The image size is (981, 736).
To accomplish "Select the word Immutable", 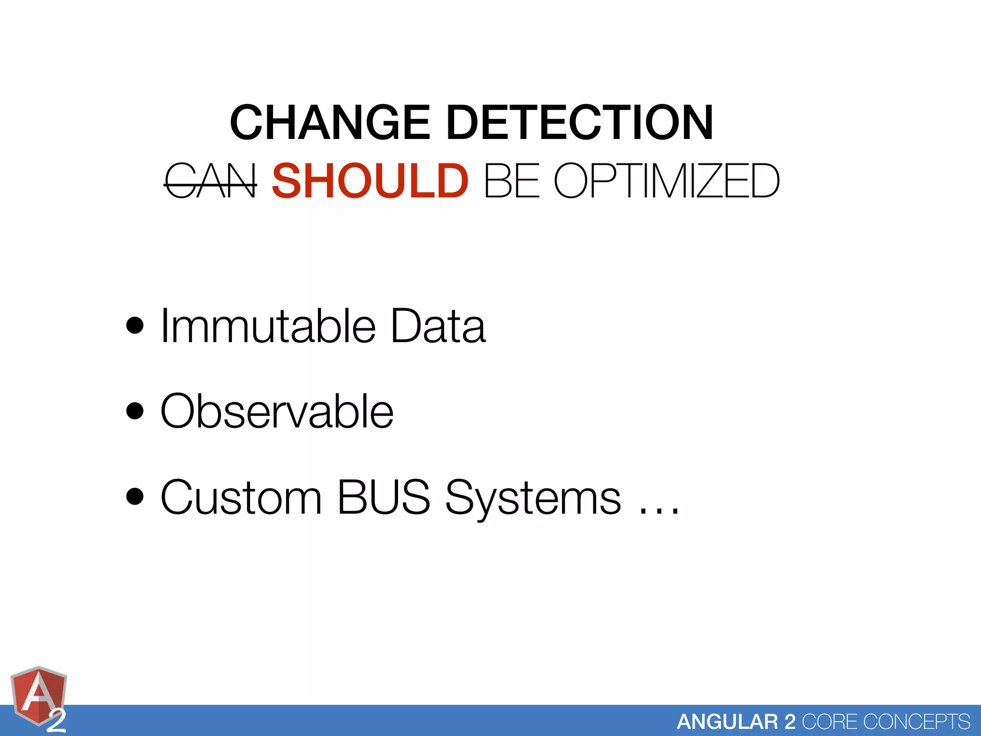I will click(x=268, y=326).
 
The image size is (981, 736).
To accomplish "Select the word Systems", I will click(x=533, y=498).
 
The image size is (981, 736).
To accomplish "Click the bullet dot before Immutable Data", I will click(x=135, y=326).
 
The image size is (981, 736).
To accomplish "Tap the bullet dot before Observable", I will click(x=135, y=411).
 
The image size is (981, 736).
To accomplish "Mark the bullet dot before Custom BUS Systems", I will click(x=135, y=497).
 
